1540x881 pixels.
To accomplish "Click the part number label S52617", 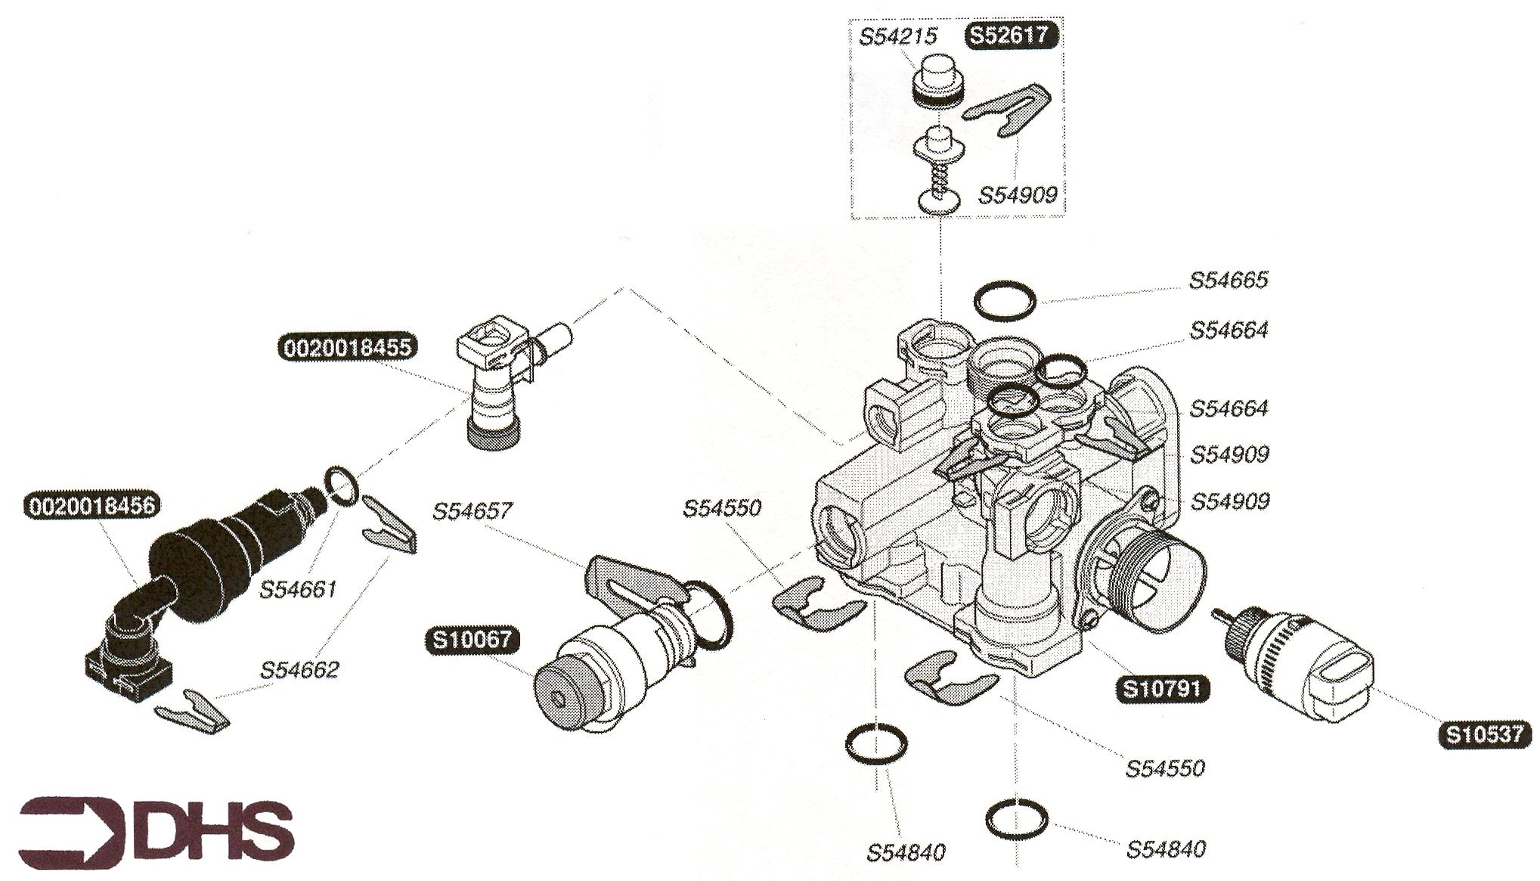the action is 1011,36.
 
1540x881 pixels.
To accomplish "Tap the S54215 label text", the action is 898,36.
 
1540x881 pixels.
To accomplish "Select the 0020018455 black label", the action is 348,348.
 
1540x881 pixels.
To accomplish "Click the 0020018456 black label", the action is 91,505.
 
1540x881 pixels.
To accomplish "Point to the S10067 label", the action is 473,640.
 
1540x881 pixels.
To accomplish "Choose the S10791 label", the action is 1162,689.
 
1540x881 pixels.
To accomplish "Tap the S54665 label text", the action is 1229,280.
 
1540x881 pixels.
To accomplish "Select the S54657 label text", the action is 472,511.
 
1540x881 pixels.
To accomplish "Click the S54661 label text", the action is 298,589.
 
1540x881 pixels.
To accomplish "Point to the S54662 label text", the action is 299,670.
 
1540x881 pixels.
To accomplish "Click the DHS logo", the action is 156,831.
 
